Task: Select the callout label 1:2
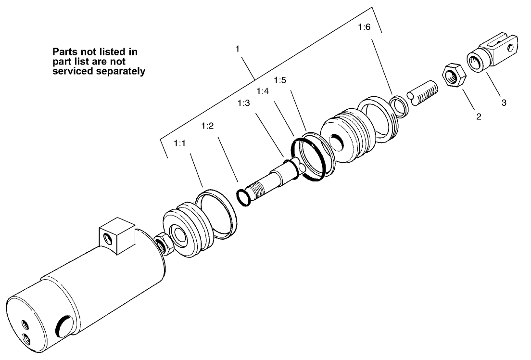tap(207, 126)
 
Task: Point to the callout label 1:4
tap(263, 90)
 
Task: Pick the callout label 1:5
tap(280, 80)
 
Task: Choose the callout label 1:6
tap(365, 28)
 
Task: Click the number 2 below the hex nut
tap(479, 116)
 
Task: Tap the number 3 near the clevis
tap(504, 102)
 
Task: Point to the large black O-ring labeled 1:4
tap(310, 159)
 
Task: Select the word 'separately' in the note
tap(121, 71)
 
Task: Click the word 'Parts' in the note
tap(64, 51)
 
